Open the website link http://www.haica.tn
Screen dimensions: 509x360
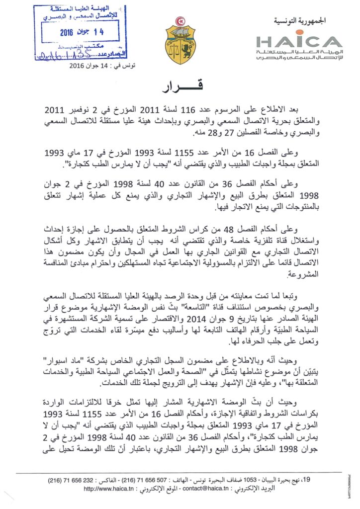(x=108, y=489)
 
